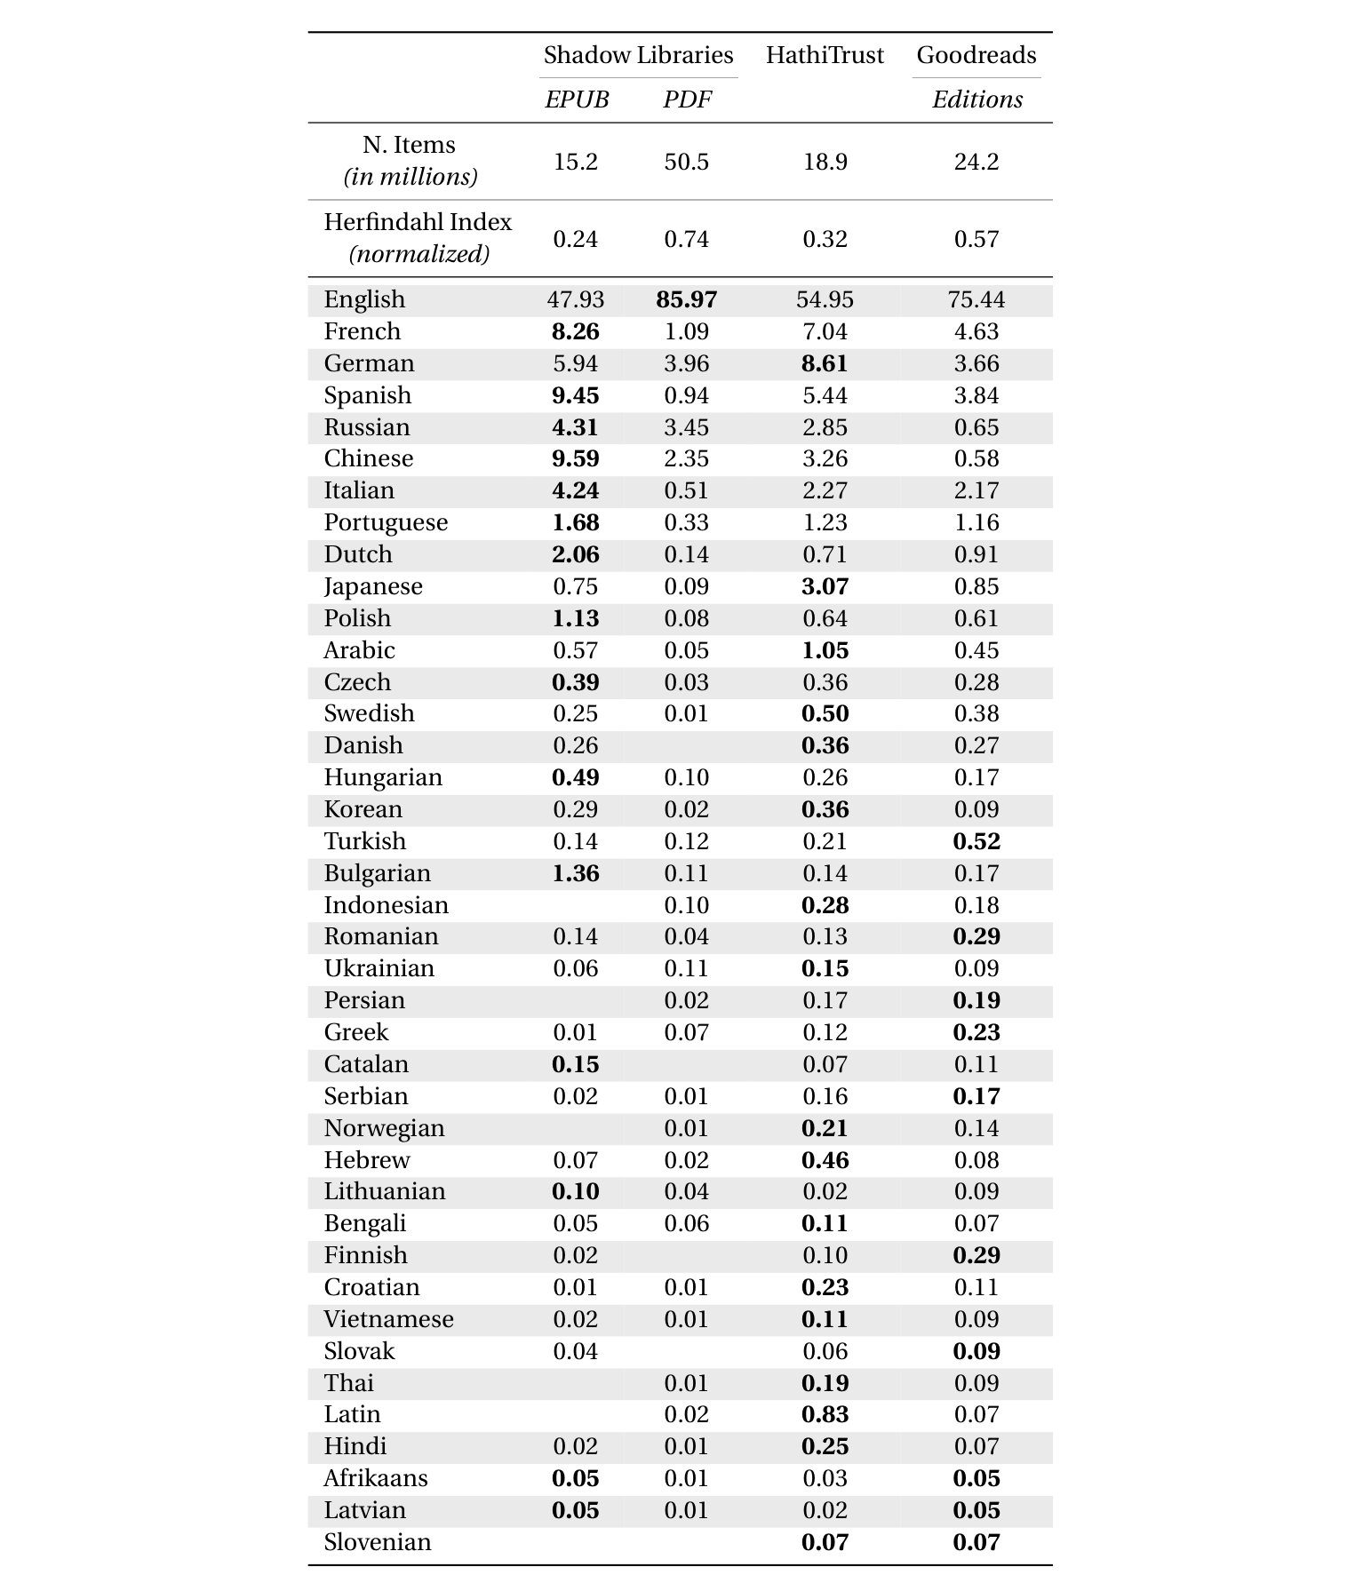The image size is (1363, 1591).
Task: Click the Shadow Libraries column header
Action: tap(638, 55)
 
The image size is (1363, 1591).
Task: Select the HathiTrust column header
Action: tap(825, 55)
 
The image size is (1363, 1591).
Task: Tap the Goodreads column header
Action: tap(976, 55)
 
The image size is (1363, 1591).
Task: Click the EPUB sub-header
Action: tap(576, 99)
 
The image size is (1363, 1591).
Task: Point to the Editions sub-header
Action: tap(976, 99)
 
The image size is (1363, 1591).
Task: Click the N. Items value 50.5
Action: tap(686, 162)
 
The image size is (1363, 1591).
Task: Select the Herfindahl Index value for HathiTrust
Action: tap(825, 239)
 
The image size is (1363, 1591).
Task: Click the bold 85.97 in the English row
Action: tap(686, 299)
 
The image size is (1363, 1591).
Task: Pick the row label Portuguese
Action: tap(386, 522)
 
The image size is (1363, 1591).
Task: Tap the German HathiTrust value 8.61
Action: tap(825, 363)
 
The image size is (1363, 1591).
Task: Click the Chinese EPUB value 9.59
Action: tap(576, 458)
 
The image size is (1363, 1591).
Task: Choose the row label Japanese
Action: tap(373, 586)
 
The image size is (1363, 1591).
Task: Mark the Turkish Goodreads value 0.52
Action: tap(976, 841)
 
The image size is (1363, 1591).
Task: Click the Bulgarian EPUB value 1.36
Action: tap(576, 873)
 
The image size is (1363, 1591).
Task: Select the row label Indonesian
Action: tap(386, 905)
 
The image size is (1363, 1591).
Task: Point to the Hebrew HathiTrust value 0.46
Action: tap(825, 1160)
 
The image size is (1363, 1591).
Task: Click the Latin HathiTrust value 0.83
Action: tap(825, 1414)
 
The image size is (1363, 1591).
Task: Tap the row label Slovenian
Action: tap(378, 1542)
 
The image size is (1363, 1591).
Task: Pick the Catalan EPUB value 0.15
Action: tap(576, 1064)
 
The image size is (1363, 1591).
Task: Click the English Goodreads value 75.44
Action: tap(976, 299)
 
